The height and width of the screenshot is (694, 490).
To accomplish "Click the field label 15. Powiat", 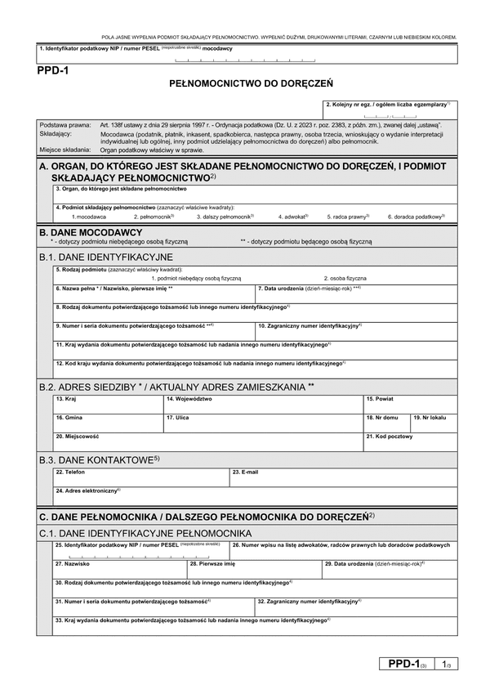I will (x=379, y=399).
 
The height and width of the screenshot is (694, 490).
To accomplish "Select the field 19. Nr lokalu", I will (x=430, y=424).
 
